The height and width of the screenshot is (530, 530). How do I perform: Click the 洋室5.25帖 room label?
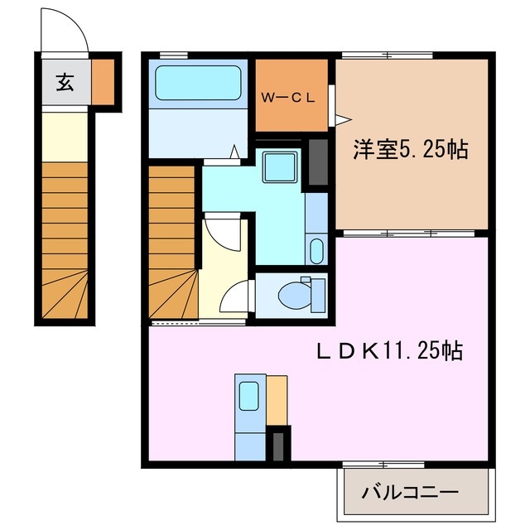point(411,150)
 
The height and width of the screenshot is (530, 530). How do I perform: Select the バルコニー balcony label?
point(409,493)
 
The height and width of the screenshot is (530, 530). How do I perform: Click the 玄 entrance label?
point(63,82)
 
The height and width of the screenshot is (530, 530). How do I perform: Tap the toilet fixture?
point(295,294)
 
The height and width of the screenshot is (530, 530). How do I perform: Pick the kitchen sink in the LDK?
point(248,396)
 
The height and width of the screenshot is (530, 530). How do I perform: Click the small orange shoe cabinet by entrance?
point(103,81)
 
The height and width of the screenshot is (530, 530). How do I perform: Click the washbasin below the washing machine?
point(316,248)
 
